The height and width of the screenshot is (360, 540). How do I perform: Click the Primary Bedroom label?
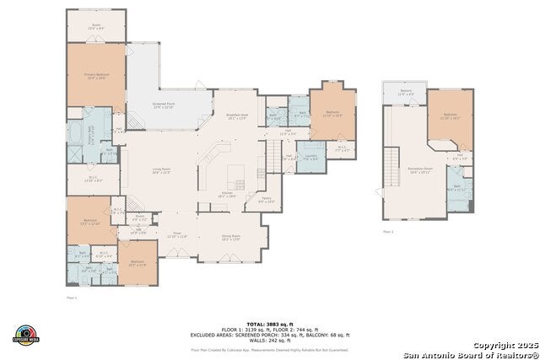(95, 77)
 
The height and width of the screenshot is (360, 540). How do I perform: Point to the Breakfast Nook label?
(238, 116)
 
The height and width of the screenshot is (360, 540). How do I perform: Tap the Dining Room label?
(231, 238)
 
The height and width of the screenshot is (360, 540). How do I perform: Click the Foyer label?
(177, 235)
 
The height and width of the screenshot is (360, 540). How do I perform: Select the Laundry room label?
(310, 157)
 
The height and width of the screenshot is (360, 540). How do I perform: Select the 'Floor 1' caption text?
(72, 298)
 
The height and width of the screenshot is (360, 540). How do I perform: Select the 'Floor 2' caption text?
(388, 230)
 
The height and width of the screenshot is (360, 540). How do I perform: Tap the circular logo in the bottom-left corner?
(26, 335)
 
